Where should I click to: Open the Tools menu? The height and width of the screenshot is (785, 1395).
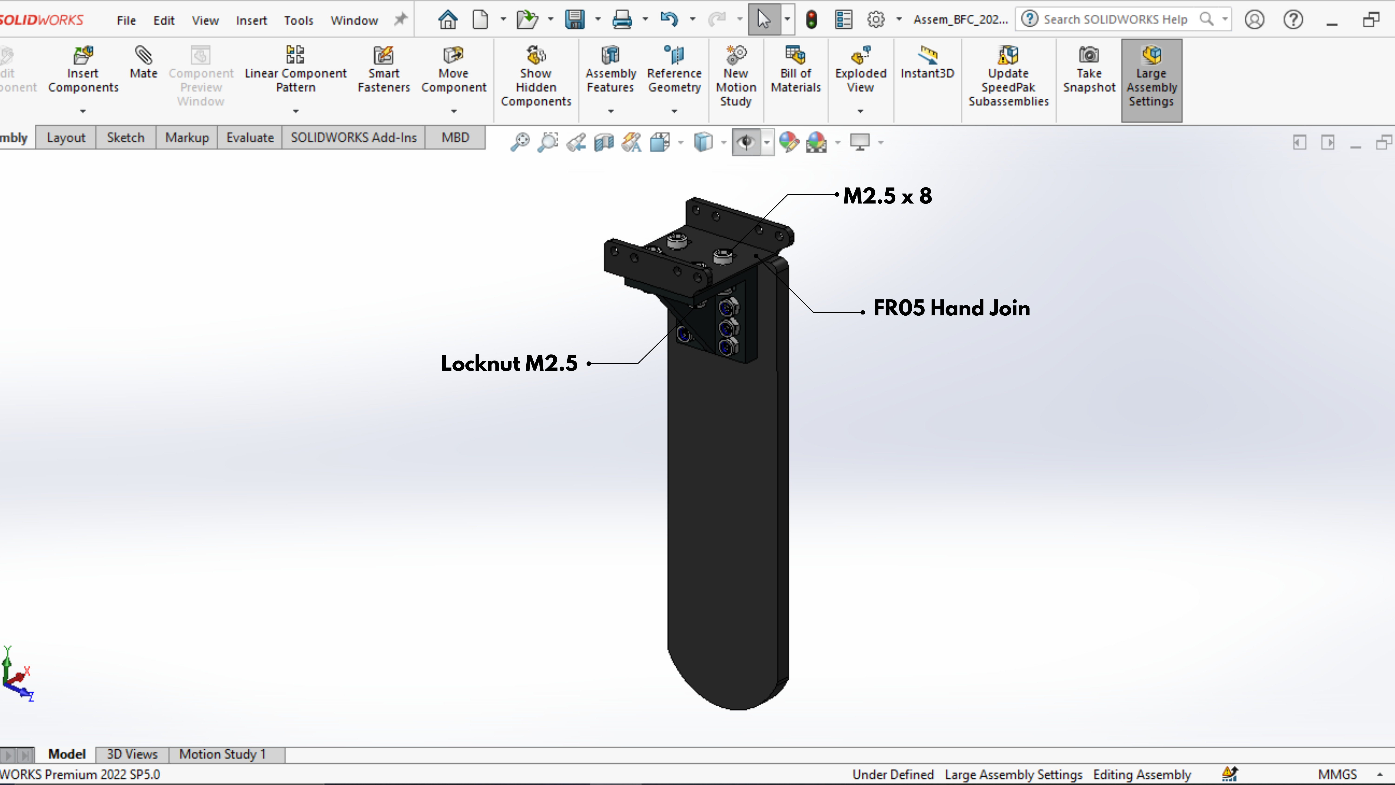[x=298, y=21]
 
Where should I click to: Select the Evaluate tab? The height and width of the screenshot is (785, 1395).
[x=250, y=138]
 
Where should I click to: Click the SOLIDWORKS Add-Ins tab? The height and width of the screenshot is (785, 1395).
[x=354, y=138]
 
